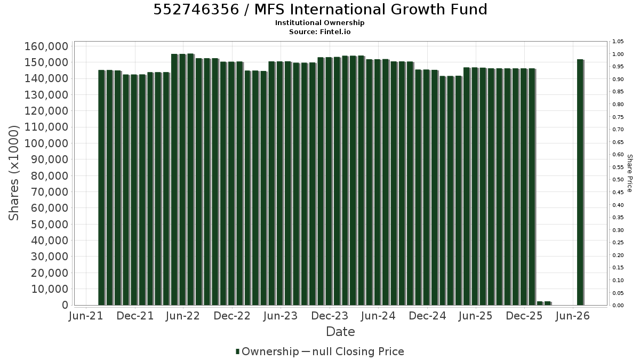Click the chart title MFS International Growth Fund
pyautogui.click(x=371, y=10)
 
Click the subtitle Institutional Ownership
pyautogui.click(x=319, y=23)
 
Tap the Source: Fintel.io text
pyautogui.click(x=319, y=31)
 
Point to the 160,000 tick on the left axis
pyautogui.click(x=46, y=46)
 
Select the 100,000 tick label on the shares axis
pyautogui.click(x=46, y=143)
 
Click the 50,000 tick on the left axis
pyautogui.click(x=50, y=225)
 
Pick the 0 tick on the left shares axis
pyautogui.click(x=65, y=305)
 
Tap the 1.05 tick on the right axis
pyautogui.click(x=618, y=42)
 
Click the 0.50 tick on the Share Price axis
pyautogui.click(x=618, y=180)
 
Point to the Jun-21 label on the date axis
pyautogui.click(x=86, y=316)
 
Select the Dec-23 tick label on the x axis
pyautogui.click(x=330, y=316)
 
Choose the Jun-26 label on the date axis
pyautogui.click(x=573, y=316)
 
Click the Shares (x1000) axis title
pyautogui.click(x=14, y=173)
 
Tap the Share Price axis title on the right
pyautogui.click(x=629, y=173)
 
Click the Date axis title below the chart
pyautogui.click(x=340, y=332)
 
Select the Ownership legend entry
pyautogui.click(x=267, y=351)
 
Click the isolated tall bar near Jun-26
pyautogui.click(x=580, y=182)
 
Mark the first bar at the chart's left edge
pyautogui.click(x=102, y=187)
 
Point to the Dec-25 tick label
pyautogui.click(x=524, y=316)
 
